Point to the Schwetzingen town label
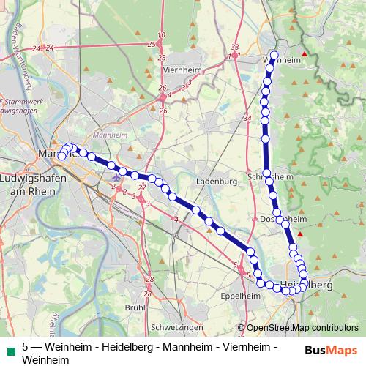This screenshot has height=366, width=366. click(x=175, y=327)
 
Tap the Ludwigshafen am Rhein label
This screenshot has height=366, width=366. click(x=33, y=184)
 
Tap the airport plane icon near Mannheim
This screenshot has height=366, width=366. click(x=115, y=176)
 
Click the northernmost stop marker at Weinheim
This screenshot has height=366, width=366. click(x=274, y=56)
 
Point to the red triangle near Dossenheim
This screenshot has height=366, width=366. click(x=300, y=234)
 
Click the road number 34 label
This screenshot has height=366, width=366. click(x=247, y=118)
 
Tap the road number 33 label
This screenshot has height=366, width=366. click(x=234, y=47)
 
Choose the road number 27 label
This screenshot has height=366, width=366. click(x=142, y=187)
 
